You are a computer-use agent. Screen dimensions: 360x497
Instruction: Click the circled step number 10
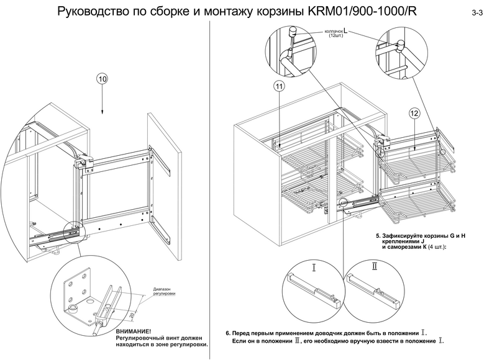[103, 79]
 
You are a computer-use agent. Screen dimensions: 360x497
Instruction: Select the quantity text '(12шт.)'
[337, 37]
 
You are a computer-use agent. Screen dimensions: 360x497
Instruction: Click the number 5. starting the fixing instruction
[379, 236]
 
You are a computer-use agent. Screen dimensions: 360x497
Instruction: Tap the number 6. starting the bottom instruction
[227, 333]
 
